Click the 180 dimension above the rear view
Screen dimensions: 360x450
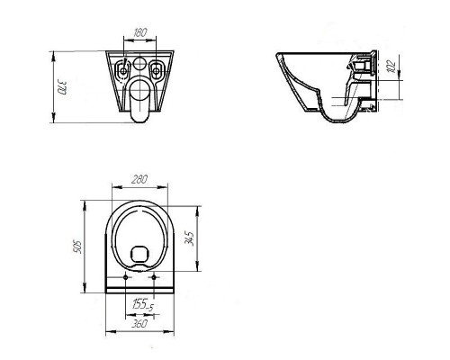pos(139,33)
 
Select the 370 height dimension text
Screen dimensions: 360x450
pos(64,89)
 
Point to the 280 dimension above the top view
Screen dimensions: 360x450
pos(139,180)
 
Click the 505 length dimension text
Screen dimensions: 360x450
pos(79,247)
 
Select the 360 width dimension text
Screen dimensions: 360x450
pos(138,322)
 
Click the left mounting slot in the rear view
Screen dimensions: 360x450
pos(120,67)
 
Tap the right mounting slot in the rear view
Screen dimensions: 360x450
pos(159,67)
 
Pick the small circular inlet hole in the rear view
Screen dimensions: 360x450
pos(139,64)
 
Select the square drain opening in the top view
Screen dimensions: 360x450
pos(139,253)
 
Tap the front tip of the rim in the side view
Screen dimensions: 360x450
pos(276,55)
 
